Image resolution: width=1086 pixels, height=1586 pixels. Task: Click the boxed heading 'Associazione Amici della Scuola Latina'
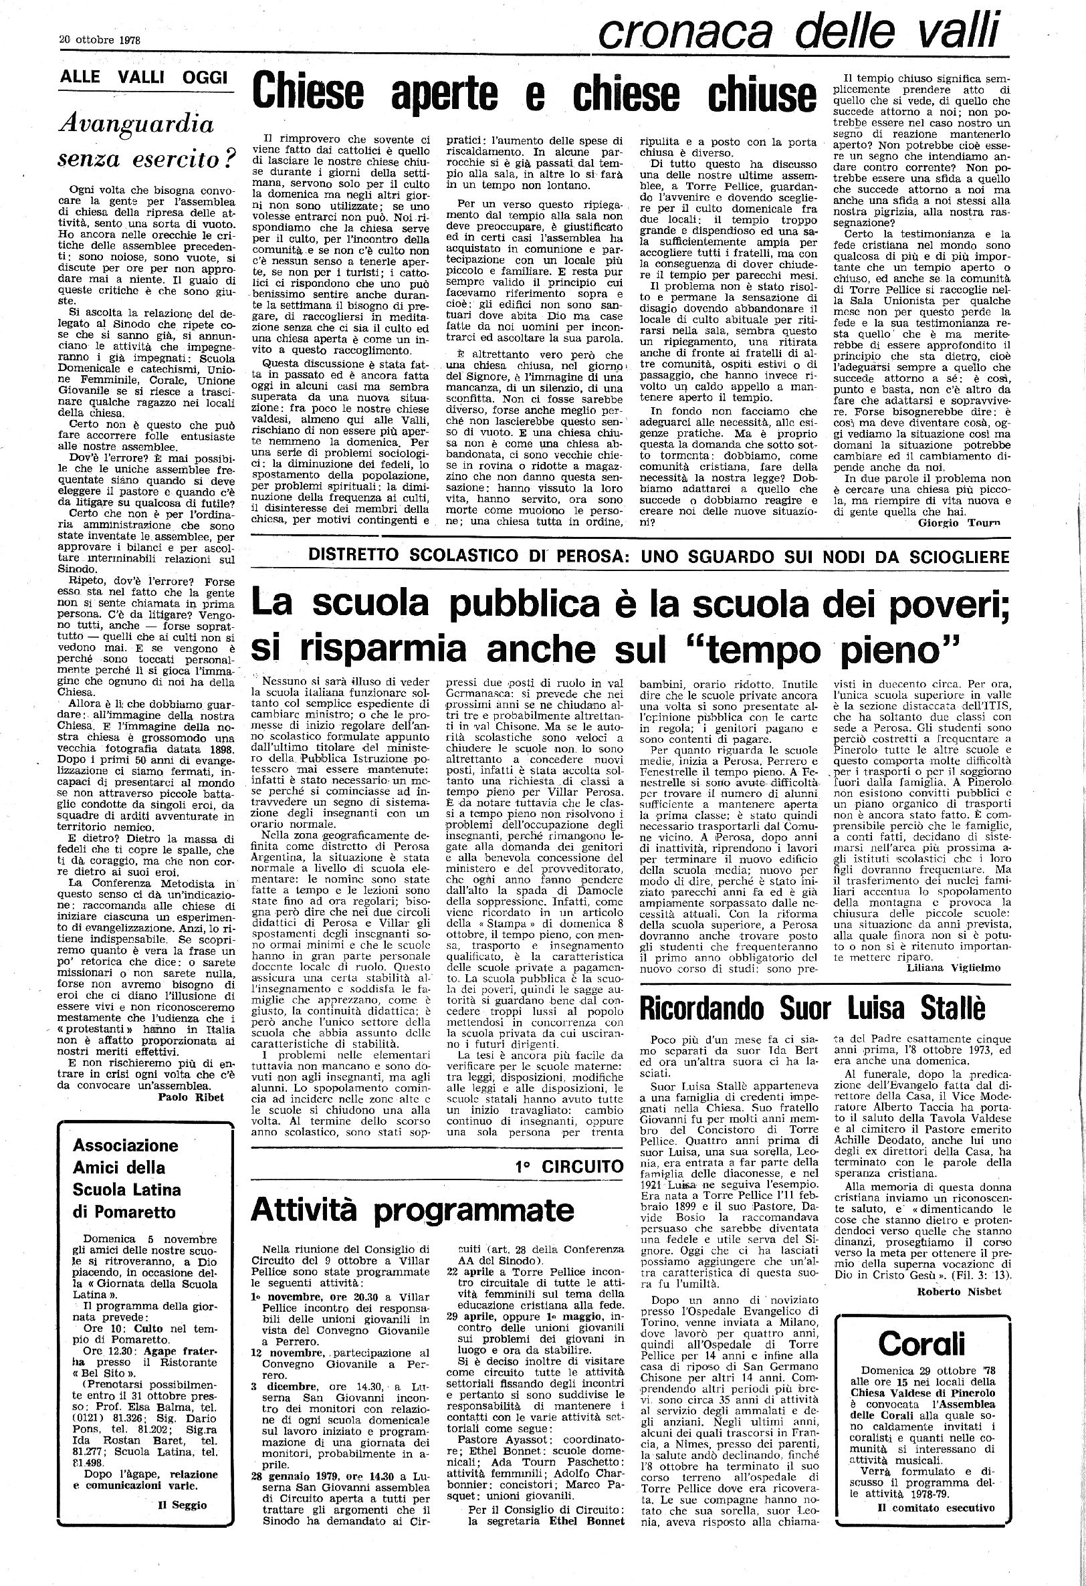click(x=127, y=1167)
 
